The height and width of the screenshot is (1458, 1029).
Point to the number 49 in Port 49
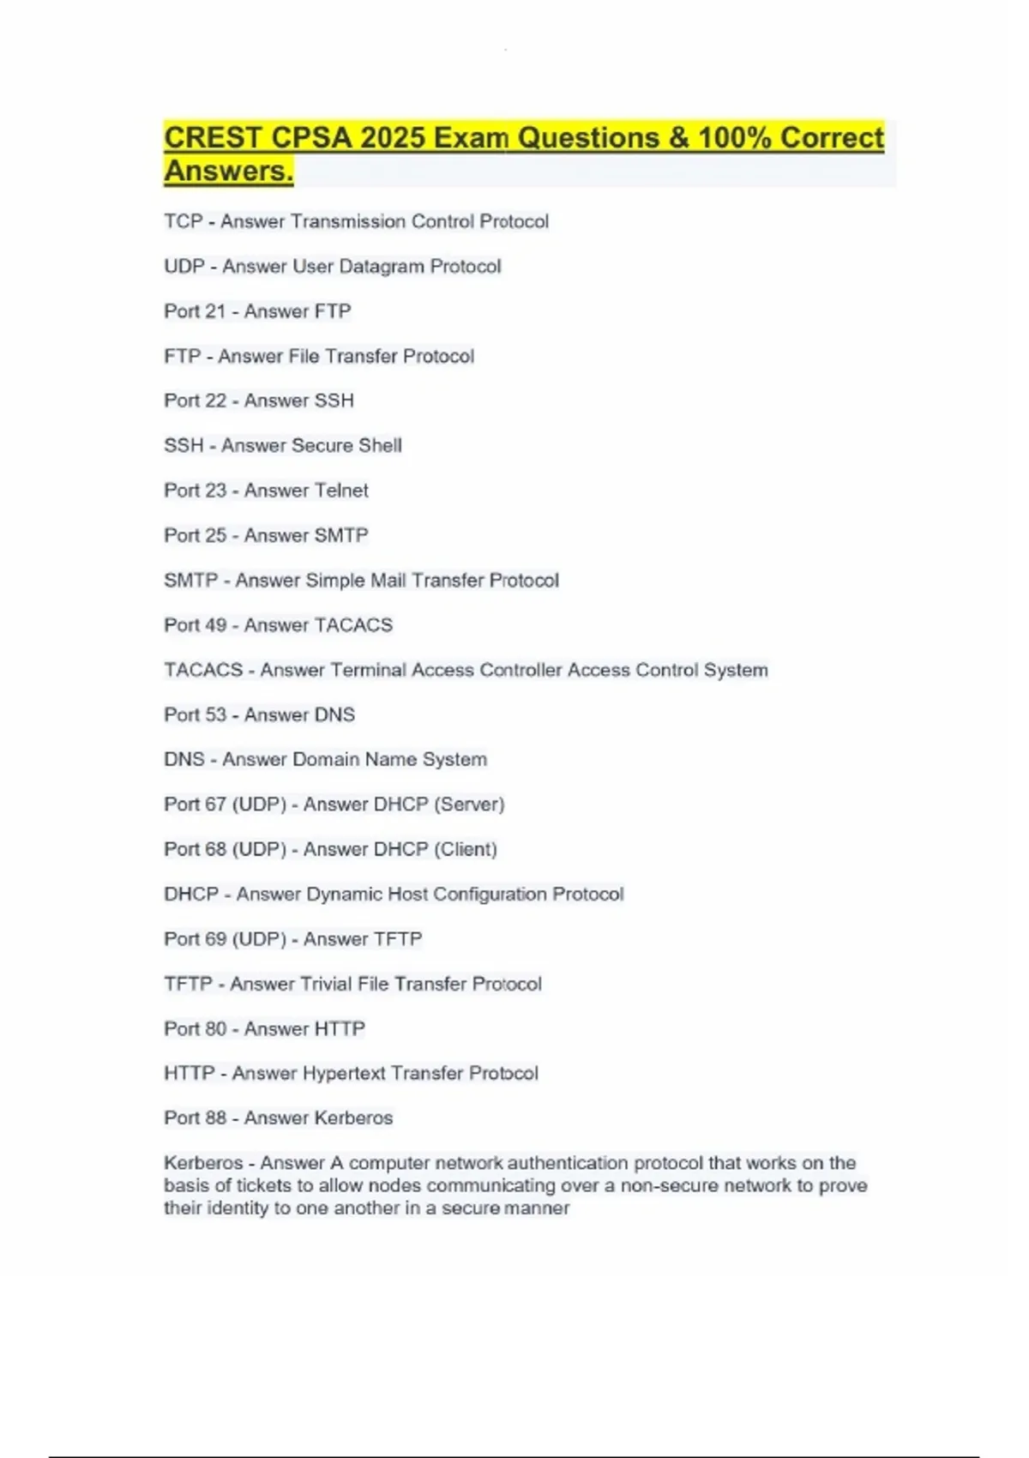tap(216, 625)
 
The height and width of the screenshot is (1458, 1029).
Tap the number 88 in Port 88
tap(216, 1118)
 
